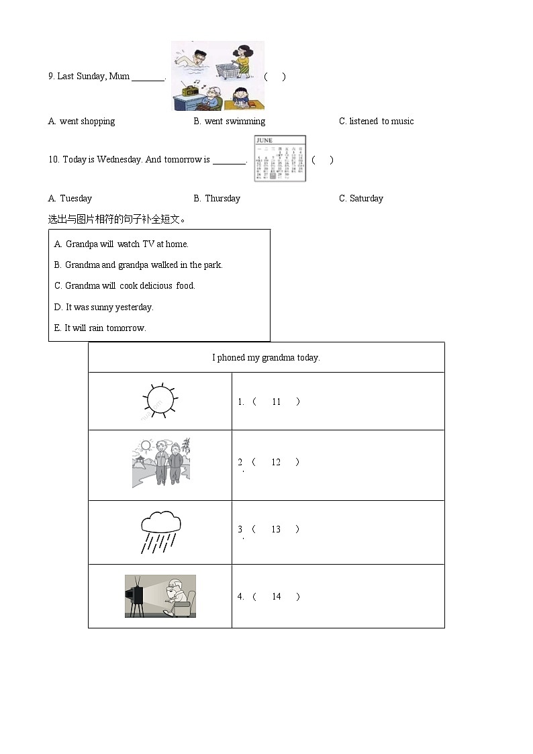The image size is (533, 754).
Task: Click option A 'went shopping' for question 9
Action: (x=81, y=122)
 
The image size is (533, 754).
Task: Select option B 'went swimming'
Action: (x=229, y=122)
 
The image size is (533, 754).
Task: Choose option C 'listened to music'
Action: (x=376, y=122)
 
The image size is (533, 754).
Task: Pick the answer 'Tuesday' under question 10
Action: (x=70, y=199)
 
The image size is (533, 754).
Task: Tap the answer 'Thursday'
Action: (x=216, y=199)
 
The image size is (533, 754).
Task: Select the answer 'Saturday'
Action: (x=361, y=199)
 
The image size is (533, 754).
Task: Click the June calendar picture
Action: (x=280, y=159)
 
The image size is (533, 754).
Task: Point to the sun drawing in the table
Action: (x=159, y=401)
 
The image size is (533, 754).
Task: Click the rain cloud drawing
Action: (x=160, y=532)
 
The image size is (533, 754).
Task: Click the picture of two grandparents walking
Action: (x=161, y=463)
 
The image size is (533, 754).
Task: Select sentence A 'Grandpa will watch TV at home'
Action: (x=122, y=244)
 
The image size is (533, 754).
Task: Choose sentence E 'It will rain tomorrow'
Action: (x=100, y=328)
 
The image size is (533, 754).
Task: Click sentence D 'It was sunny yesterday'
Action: (x=104, y=308)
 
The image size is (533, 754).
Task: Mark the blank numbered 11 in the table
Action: (x=276, y=402)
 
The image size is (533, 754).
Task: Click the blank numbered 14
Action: (x=276, y=597)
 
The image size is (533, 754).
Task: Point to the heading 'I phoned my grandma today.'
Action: (x=266, y=358)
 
